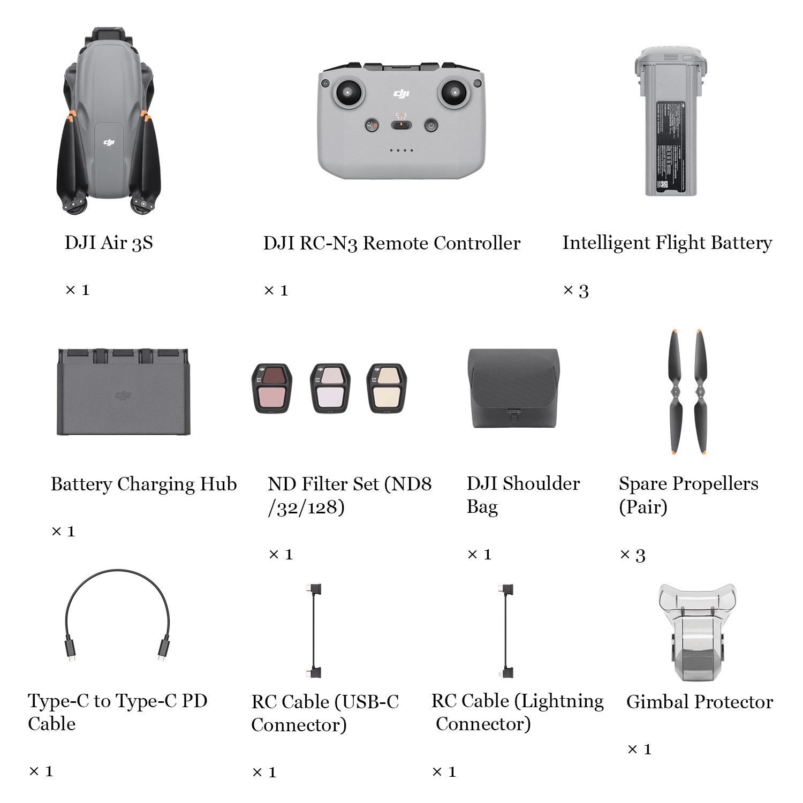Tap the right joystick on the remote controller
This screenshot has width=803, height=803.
coord(455,94)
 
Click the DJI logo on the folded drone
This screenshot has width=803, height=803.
coord(109,142)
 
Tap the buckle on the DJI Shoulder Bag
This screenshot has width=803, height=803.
coord(513,413)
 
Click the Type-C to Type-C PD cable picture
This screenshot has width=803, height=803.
coord(117,616)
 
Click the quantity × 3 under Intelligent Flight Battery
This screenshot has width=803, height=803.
coord(576,291)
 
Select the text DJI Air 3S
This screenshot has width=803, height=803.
coord(109,243)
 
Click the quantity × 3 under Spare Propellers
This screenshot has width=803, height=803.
coord(632,555)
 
